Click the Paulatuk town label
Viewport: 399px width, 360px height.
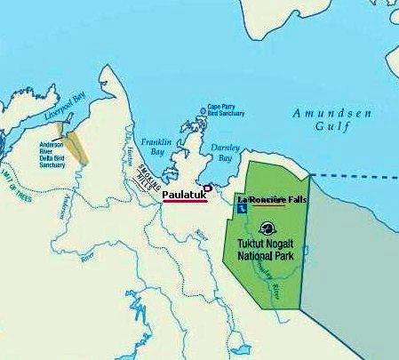(183, 193)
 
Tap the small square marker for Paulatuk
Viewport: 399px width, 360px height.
(207, 187)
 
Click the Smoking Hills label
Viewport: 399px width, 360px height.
(143, 184)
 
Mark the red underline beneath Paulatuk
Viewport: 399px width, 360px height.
(185, 201)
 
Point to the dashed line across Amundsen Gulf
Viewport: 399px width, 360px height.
(355, 177)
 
